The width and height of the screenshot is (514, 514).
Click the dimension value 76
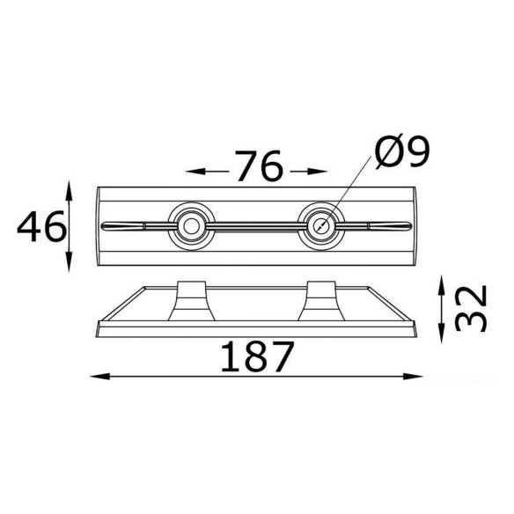pos(258,165)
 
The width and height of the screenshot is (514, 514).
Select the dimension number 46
pos(41,226)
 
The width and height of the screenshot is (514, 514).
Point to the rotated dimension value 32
pos(471,308)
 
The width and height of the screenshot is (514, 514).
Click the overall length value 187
pos(257,357)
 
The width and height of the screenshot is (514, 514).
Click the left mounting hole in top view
pos(191,226)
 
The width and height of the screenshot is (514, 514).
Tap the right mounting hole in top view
pos(321,226)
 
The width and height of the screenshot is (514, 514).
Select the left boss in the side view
pos(192,301)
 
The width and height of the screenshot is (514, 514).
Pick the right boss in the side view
pos(321,301)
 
